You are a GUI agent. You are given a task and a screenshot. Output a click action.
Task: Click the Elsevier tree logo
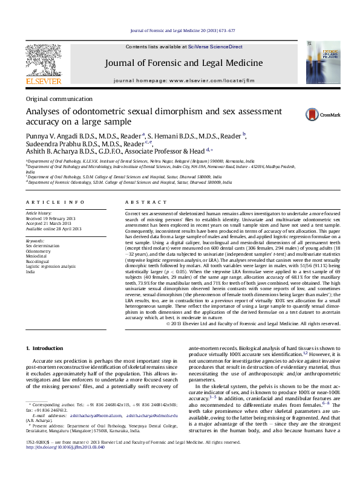43,63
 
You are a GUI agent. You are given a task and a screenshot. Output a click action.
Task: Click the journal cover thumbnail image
316,62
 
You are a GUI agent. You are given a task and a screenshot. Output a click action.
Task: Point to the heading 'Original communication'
59,99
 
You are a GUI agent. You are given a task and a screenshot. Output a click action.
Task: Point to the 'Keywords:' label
35,241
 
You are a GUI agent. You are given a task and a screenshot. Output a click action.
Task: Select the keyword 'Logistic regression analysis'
51,266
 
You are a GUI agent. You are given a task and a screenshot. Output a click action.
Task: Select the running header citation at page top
183,31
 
